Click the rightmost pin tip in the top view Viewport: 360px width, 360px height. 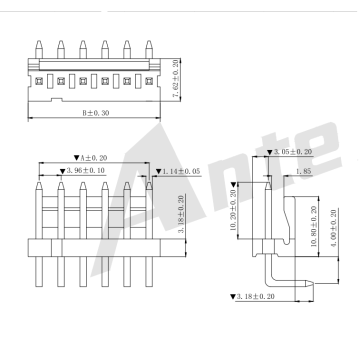coord(146,45)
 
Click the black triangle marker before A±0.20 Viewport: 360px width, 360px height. coord(78,157)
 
